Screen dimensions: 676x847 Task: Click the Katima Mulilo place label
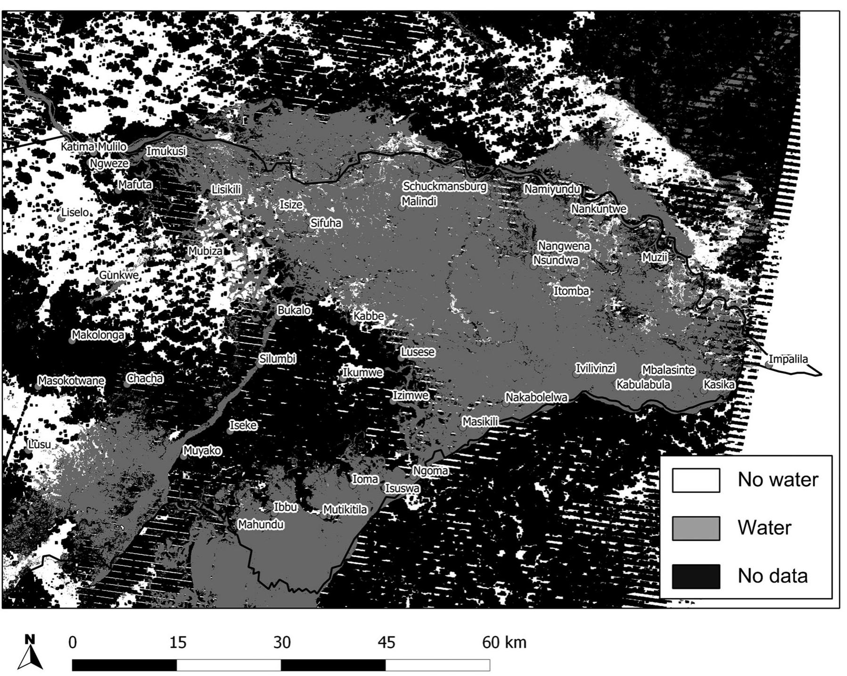pyautogui.click(x=94, y=147)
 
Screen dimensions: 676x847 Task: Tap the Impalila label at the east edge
pyautogui.click(x=789, y=359)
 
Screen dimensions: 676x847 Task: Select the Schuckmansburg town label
pyautogui.click(x=444, y=187)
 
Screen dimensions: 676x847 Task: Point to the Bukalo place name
pyautogui.click(x=294, y=310)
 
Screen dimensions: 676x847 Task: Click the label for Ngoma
pyautogui.click(x=430, y=470)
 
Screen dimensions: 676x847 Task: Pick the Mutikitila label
pyautogui.click(x=345, y=510)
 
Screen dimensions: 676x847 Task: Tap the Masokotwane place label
pyautogui.click(x=71, y=380)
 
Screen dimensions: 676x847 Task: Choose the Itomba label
pyautogui.click(x=571, y=291)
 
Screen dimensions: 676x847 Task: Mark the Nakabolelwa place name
pyautogui.click(x=536, y=397)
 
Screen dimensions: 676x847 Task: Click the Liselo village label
pyautogui.click(x=75, y=213)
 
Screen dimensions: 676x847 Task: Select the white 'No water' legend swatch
pyautogui.click(x=696, y=480)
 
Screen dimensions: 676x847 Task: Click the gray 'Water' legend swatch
pyautogui.click(x=696, y=528)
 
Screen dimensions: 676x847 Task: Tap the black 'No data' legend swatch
pyautogui.click(x=696, y=576)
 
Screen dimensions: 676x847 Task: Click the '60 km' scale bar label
pyautogui.click(x=504, y=643)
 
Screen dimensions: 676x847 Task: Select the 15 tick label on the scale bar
pyautogui.click(x=177, y=643)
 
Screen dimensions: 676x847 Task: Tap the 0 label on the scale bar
pyautogui.click(x=73, y=643)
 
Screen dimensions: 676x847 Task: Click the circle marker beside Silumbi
pyautogui.click(x=260, y=364)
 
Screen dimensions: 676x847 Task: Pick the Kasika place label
pyautogui.click(x=719, y=384)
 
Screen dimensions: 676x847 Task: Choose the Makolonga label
pyautogui.click(x=98, y=335)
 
